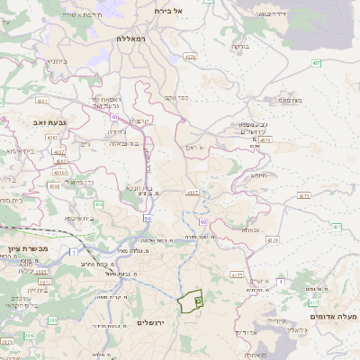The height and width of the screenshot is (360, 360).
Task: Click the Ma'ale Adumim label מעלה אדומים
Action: [x=333, y=317]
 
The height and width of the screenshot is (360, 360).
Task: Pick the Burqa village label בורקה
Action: [x=239, y=45]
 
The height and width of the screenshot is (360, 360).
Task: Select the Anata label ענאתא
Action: [x=250, y=229]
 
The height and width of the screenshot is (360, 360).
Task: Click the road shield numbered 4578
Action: [x=189, y=57]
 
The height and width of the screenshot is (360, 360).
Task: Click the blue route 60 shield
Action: [x=203, y=220]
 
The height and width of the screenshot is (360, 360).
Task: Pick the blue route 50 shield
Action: [x=147, y=218]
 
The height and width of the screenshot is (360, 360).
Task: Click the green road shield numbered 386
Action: [x=52, y=319]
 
